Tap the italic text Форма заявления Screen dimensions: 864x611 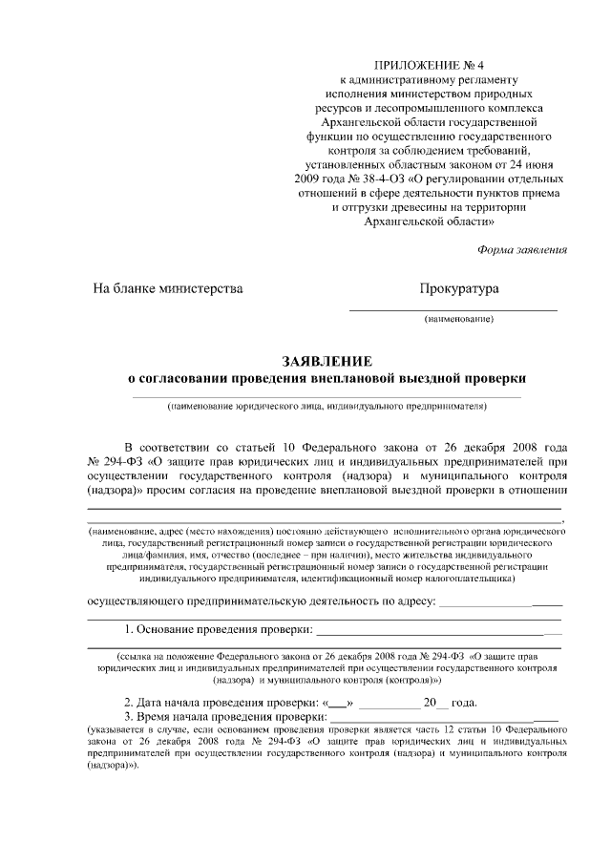521,250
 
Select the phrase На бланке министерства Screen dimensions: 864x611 167,288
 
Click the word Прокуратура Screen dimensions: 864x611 459,288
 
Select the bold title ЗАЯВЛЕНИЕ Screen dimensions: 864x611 327,361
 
